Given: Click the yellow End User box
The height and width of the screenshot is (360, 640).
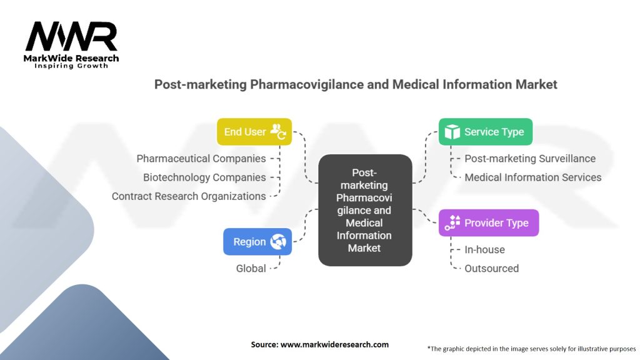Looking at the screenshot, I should [254, 132].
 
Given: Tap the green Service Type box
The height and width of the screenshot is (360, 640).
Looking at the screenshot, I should [485, 132].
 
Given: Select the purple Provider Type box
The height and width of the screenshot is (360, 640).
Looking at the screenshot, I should [488, 223].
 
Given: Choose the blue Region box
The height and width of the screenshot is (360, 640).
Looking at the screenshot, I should [257, 242].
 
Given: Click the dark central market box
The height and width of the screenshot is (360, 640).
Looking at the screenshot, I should [364, 210].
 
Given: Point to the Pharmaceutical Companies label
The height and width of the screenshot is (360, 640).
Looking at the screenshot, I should [201, 159].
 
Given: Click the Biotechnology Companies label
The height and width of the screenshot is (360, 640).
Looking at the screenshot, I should [204, 177].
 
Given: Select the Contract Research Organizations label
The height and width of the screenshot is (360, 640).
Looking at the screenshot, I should [189, 196].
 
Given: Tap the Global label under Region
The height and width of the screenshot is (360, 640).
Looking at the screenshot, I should [251, 268].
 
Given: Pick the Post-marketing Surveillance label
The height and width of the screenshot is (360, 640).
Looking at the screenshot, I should [530, 159].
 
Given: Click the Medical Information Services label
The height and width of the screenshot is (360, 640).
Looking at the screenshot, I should [532, 177].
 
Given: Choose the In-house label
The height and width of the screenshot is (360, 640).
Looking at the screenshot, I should [484, 249].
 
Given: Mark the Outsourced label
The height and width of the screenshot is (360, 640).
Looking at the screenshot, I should [491, 268].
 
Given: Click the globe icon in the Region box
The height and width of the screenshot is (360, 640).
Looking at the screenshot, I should [278, 242].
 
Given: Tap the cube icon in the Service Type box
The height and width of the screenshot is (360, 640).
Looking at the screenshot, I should [452, 132].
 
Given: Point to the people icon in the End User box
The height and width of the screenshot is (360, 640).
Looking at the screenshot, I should [278, 132].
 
